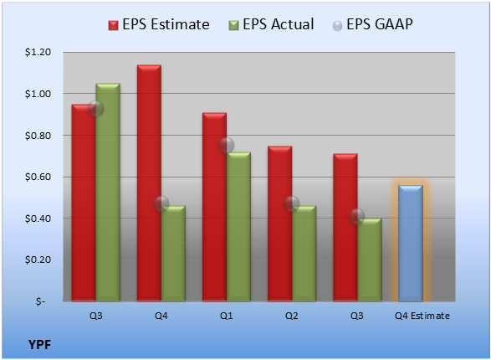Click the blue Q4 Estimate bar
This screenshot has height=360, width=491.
[x=411, y=243]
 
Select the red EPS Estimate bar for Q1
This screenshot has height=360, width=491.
[x=214, y=207]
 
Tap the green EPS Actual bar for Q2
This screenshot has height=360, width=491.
[x=304, y=254]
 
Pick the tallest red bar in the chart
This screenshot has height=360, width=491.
[x=149, y=183]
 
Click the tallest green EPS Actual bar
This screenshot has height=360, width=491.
[x=108, y=192]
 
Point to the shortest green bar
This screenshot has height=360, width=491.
[x=370, y=260]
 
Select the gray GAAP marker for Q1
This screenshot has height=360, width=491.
[x=227, y=145]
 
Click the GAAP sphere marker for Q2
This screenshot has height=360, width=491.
[x=292, y=204]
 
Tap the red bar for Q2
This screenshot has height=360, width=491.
[x=279, y=224]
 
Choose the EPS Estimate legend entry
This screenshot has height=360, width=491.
[x=159, y=24]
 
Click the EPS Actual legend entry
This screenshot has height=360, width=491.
[x=271, y=24]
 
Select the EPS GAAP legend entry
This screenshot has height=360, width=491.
[x=372, y=24]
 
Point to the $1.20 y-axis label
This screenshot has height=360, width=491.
[x=38, y=52]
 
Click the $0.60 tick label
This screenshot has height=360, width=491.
[x=38, y=177]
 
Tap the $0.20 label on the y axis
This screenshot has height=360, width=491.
[x=38, y=260]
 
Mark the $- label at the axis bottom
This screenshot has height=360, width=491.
[x=40, y=301]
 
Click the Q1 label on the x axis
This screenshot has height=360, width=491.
[x=227, y=316]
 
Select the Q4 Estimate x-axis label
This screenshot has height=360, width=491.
[x=422, y=316]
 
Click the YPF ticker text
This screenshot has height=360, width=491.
[x=39, y=345]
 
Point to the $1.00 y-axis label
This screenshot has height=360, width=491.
[x=38, y=94]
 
